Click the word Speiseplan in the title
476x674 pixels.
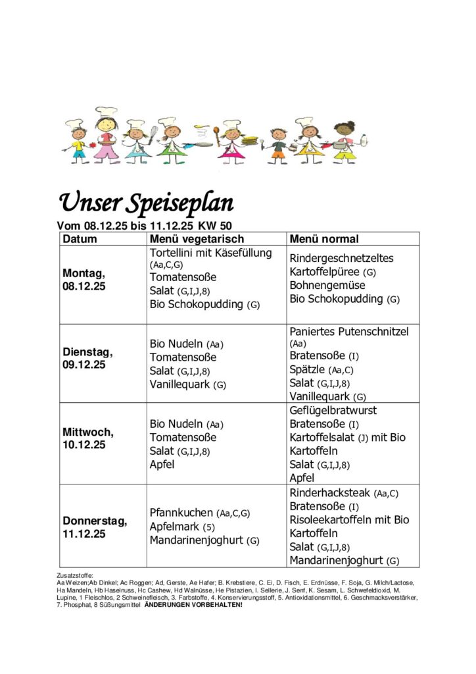(185, 203)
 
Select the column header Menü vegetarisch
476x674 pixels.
(197, 239)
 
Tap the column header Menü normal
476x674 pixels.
(324, 239)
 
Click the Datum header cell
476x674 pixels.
(80, 239)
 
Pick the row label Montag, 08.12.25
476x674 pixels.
(83, 280)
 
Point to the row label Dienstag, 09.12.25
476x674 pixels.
(87, 358)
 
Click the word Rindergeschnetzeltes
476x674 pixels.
(341, 258)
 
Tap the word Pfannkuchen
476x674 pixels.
(181, 513)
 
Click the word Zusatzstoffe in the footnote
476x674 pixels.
(75, 575)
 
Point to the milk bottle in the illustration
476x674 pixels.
(364, 141)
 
